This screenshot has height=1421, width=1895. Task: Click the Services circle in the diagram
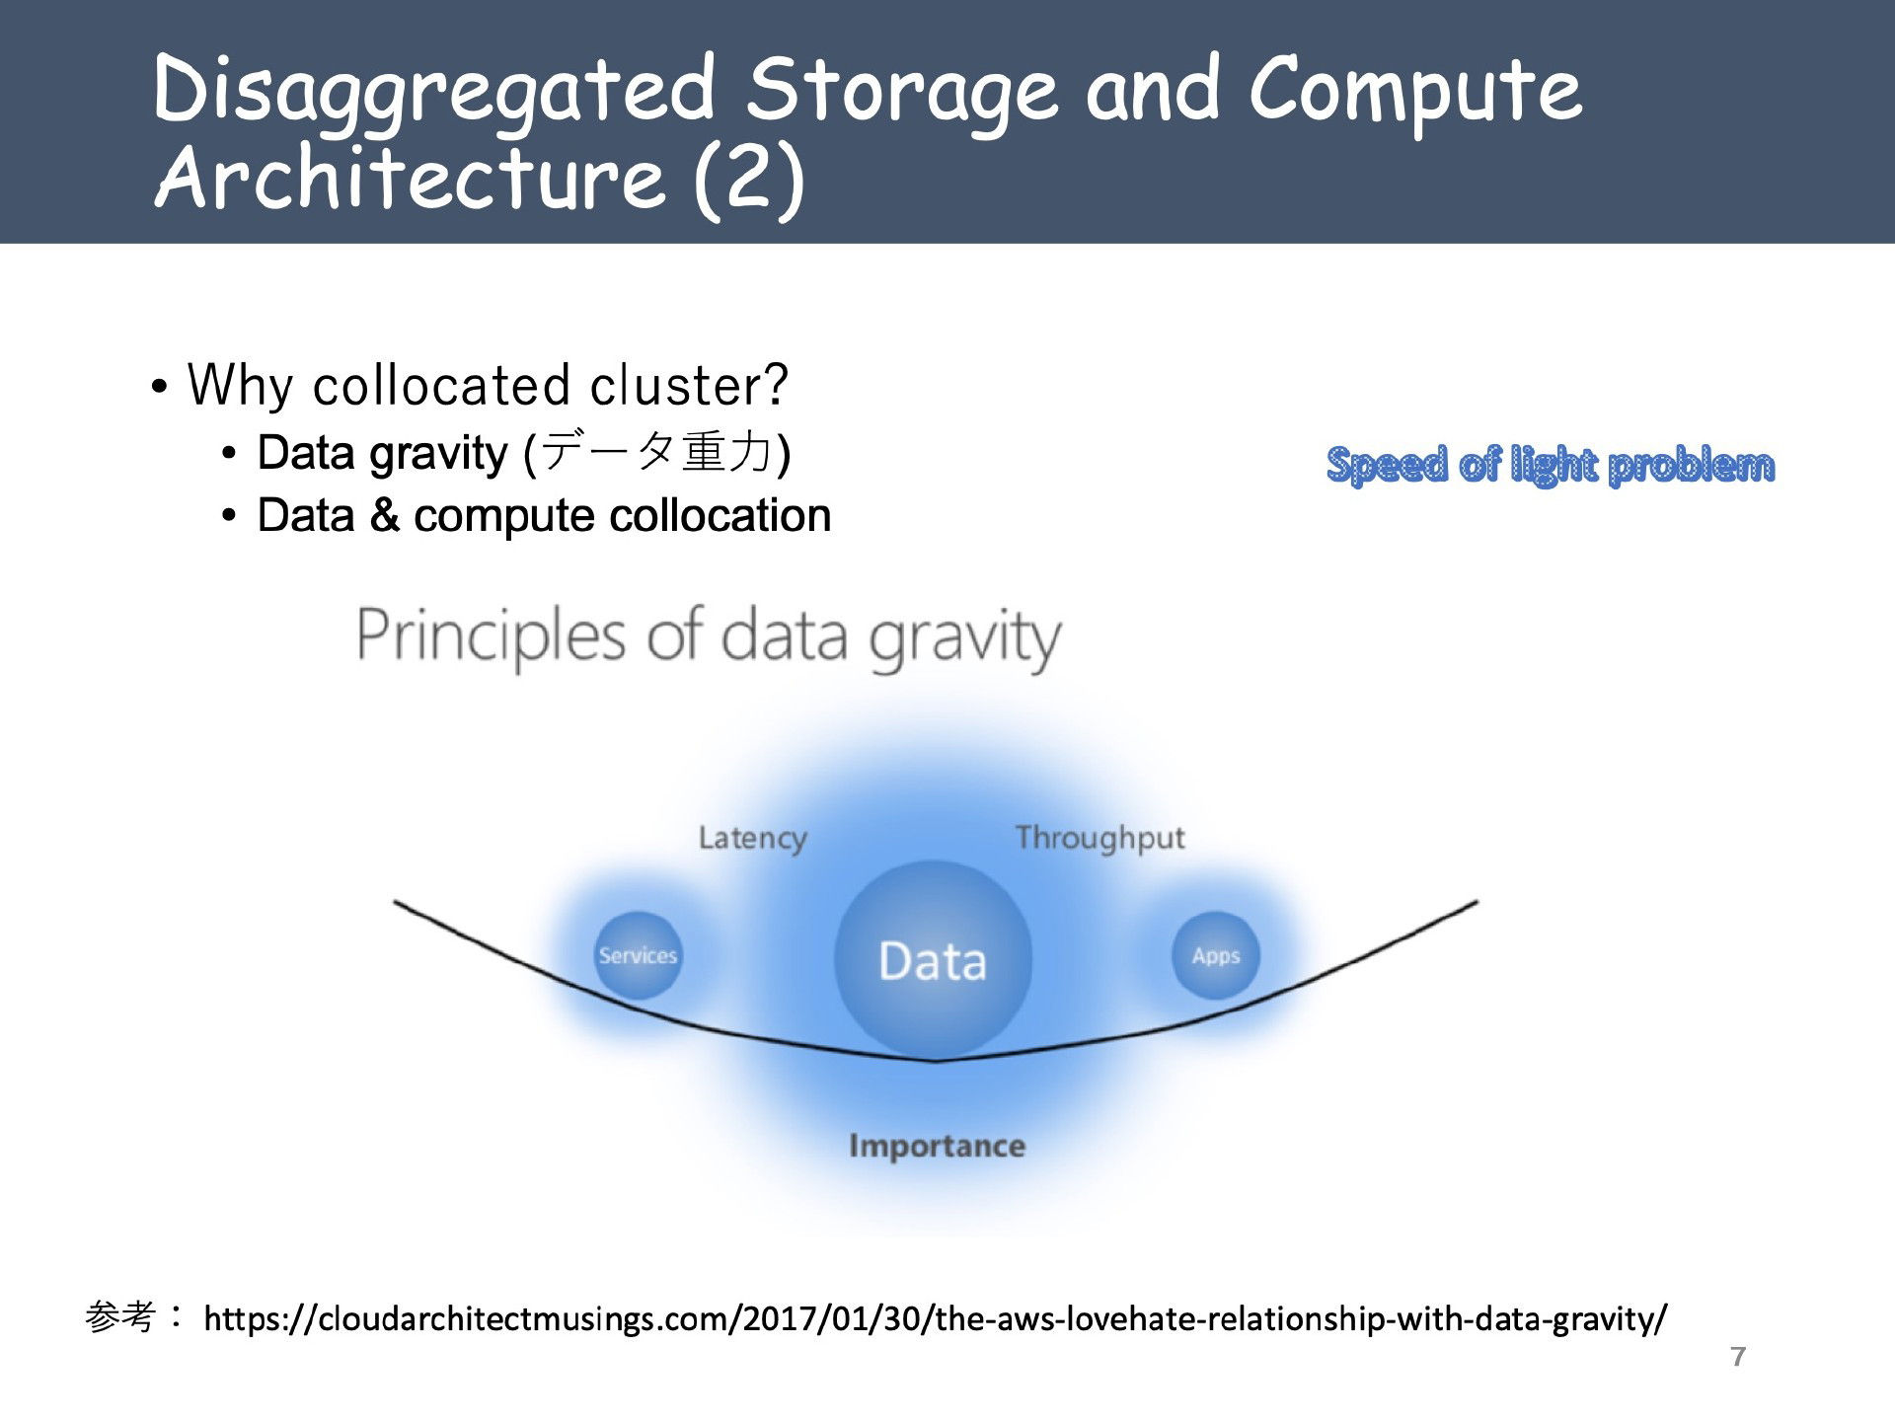[x=638, y=955]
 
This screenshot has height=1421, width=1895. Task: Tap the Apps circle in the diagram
[x=1215, y=955]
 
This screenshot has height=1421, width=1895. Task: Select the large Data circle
[x=933, y=959]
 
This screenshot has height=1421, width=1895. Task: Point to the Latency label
[x=753, y=839]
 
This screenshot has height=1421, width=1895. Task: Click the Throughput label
[x=1099, y=839]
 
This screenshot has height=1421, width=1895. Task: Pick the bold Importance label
[x=937, y=1146]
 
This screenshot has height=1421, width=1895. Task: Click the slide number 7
[x=1738, y=1357]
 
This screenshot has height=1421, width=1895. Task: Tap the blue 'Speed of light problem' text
[x=1551, y=465]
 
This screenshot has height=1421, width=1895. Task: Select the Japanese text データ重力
[x=656, y=453]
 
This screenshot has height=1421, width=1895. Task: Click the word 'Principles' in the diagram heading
[x=491, y=636]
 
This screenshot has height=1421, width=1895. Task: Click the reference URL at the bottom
[x=936, y=1318]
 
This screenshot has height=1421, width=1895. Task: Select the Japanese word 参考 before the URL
[x=120, y=1316]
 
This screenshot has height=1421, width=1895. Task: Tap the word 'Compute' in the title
[x=1415, y=92]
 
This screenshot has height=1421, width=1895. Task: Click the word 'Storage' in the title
[x=901, y=92]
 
